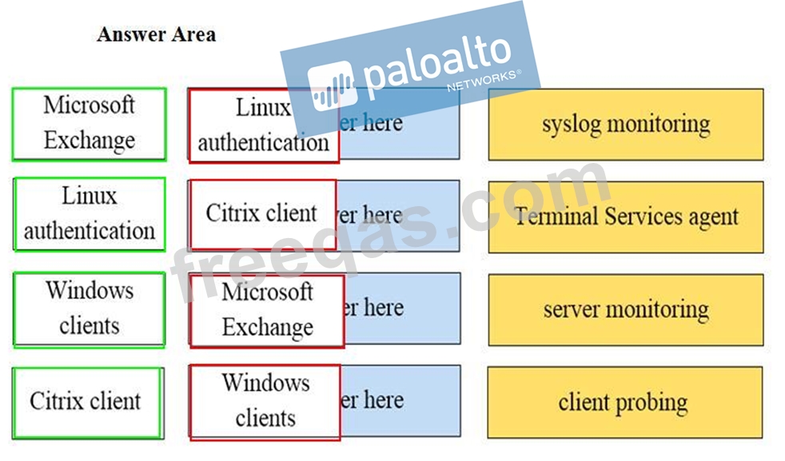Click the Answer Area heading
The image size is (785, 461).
tap(156, 34)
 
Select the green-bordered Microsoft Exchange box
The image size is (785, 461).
tap(89, 124)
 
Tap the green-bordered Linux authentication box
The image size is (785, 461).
tap(89, 214)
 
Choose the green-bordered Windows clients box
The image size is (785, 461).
tap(89, 308)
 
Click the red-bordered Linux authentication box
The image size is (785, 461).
tap(263, 126)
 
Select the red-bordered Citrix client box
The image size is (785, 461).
tap(261, 214)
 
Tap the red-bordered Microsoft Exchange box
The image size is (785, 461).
tap(267, 311)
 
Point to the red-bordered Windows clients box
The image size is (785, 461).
tap(265, 402)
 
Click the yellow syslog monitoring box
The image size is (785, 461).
tap(625, 125)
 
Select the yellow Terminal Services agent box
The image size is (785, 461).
tap(625, 217)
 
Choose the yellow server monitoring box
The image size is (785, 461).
tap(625, 309)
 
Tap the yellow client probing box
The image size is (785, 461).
tap(625, 402)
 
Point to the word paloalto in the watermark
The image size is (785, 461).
tap(436, 61)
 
